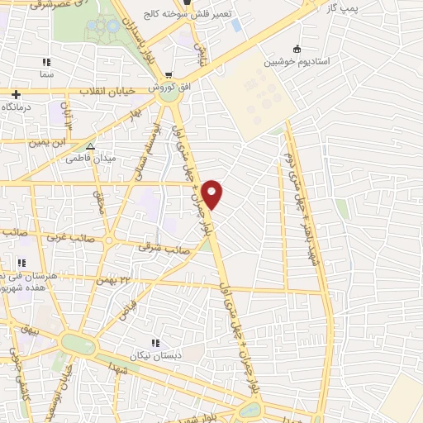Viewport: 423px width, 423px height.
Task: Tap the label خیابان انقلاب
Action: pyautogui.click(x=108, y=91)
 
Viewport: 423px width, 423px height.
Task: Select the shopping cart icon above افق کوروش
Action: pyautogui.click(x=169, y=74)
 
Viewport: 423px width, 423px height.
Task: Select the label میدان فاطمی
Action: pyautogui.click(x=92, y=157)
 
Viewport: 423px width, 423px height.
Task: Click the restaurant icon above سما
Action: pyautogui.click(x=47, y=62)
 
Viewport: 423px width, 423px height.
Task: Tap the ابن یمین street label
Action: pyautogui.click(x=47, y=141)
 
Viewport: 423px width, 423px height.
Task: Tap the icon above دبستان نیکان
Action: pyautogui.click(x=154, y=343)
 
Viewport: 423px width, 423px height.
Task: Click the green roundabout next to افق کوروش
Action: pyautogui.click(x=171, y=94)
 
